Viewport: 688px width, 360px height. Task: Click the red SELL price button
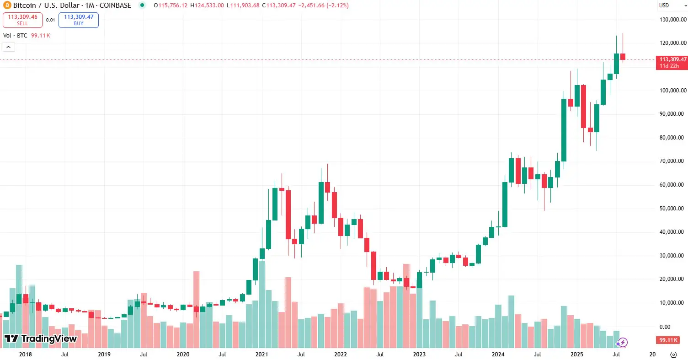click(x=22, y=20)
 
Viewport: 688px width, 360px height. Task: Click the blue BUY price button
click(x=79, y=20)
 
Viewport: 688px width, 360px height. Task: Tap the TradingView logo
click(x=41, y=339)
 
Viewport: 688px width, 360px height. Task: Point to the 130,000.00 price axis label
click(x=671, y=20)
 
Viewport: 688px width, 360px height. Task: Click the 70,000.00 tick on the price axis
click(x=671, y=161)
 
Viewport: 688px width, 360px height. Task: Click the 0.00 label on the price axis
click(x=677, y=327)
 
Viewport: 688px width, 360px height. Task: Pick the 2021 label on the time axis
click(x=261, y=355)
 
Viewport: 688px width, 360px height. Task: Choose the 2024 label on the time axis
click(x=498, y=355)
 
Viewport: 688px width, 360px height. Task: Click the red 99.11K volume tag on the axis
click(x=668, y=340)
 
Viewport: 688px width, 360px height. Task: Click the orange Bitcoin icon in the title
click(x=6, y=5)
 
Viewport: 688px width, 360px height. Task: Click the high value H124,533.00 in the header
click(x=207, y=5)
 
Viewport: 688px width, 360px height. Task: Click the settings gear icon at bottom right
click(x=673, y=355)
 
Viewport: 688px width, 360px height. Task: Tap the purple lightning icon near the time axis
click(x=622, y=342)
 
